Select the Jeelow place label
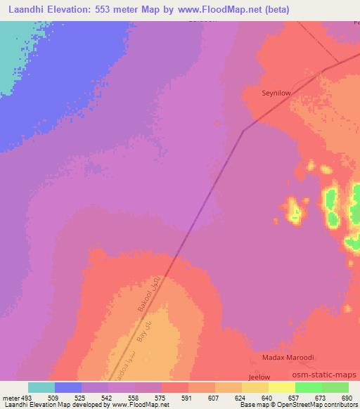coord(259,377)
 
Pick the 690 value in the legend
coord(348,398)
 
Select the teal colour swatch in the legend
coord(41,387)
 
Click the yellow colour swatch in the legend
coord(281,387)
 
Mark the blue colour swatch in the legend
coord(68,387)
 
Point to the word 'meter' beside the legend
coord(10,398)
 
